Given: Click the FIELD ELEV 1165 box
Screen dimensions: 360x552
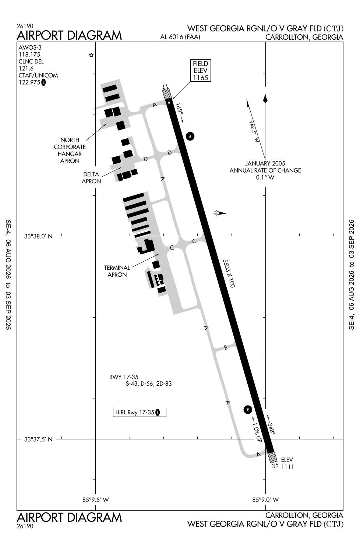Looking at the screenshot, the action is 200,71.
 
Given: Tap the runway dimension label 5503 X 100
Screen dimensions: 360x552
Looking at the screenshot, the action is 229,273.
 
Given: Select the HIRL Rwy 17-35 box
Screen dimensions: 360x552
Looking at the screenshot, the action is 139,412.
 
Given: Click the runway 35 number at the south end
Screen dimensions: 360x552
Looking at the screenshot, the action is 275,466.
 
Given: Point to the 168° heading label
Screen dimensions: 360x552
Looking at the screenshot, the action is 180,109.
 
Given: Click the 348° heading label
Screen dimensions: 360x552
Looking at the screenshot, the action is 272,429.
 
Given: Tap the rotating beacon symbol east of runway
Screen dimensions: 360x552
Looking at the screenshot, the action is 219,213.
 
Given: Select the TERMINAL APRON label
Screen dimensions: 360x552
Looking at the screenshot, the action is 117,271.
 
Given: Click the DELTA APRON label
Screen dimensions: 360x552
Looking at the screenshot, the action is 91,178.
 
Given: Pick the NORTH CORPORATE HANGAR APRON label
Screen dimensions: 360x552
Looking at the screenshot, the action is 70,150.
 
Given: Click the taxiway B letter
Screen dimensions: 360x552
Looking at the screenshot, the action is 225,348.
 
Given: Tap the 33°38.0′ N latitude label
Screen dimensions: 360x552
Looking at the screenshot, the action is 38,236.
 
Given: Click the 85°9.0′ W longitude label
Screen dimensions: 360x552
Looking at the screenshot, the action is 265,500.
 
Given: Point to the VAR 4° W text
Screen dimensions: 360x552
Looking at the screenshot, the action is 254,131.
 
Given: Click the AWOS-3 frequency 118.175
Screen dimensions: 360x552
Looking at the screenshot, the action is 29,54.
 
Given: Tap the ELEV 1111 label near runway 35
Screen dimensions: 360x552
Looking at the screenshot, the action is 287,463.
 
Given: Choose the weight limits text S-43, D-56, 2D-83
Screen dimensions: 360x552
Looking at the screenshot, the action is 149,384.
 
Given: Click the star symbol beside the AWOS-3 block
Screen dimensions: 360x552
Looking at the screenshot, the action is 91,55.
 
